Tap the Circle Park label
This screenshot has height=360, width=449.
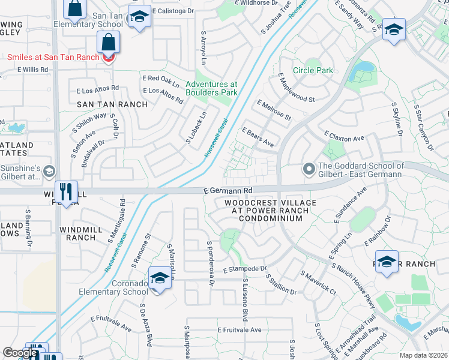312,70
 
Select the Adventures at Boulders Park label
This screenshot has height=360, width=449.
211,88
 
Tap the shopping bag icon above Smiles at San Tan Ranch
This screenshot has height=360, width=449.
108,43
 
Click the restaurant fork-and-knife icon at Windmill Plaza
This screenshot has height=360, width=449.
66,192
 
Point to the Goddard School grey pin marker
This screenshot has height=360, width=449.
309,170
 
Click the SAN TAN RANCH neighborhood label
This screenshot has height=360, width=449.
112,104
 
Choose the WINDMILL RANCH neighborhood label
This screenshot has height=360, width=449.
77,233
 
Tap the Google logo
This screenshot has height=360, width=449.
19,353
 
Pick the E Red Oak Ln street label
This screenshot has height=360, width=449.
161,79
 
